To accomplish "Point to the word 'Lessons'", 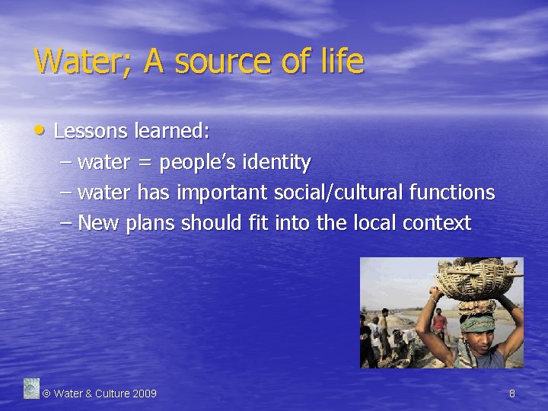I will [x=91, y=131].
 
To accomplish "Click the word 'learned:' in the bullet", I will [x=172, y=131].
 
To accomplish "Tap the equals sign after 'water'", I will [x=144, y=163].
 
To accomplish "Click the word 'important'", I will [x=221, y=193].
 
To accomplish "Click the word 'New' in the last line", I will [x=96, y=224].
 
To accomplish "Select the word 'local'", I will [x=374, y=224].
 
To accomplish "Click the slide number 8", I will [x=512, y=393].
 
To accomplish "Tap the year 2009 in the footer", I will [x=145, y=393].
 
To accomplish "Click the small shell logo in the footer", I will [x=31, y=388].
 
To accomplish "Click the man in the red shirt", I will [x=439, y=323].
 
